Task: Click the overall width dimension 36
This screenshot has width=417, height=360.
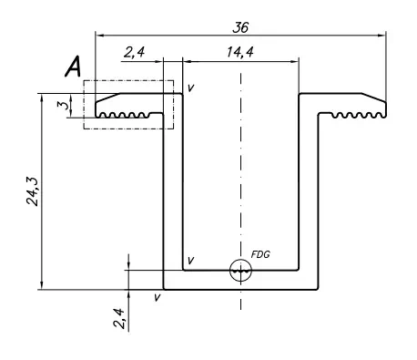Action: (240, 27)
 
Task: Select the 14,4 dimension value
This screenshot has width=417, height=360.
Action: (240, 52)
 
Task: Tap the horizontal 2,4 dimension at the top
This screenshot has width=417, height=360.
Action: (134, 52)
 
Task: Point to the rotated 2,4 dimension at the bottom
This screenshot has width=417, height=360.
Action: (119, 318)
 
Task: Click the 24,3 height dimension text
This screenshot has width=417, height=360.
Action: (33, 191)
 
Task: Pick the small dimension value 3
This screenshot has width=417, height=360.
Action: (63, 105)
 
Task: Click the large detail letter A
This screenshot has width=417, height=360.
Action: (73, 67)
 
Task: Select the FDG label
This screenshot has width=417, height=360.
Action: (260, 254)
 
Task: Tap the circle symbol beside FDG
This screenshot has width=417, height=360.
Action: (240, 259)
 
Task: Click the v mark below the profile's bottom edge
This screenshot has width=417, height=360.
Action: (158, 297)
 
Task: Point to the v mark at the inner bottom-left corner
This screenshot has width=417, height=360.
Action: (190, 260)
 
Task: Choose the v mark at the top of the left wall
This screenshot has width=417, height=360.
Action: (190, 87)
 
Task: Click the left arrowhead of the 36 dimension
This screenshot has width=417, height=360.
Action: (100, 36)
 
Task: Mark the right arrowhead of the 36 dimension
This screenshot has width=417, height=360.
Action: (381, 36)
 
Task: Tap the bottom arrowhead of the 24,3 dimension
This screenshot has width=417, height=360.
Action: (42, 285)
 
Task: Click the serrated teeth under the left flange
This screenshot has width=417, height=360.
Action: (125, 115)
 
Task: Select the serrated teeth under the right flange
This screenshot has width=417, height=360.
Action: (357, 115)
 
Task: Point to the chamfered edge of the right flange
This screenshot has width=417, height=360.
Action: (373, 98)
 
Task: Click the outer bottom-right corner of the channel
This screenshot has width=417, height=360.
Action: (318, 289)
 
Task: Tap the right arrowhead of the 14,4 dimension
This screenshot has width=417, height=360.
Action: (295, 62)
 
